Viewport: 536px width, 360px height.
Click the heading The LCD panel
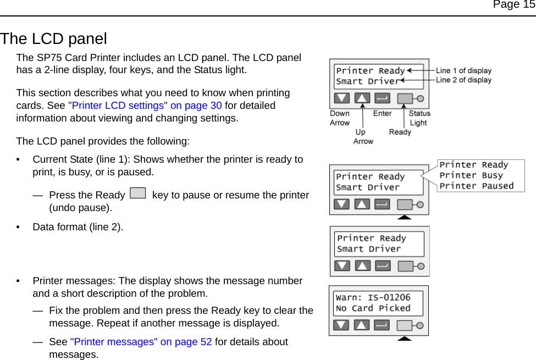[x=53, y=39]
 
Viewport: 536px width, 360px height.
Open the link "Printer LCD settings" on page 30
[x=145, y=106]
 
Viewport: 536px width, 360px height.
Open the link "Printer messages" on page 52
[x=141, y=342]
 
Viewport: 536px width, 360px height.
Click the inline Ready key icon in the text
[x=139, y=193]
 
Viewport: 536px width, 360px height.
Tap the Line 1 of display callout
[x=463, y=70]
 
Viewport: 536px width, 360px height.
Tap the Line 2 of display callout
[x=463, y=80]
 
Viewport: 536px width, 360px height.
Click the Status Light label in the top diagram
[x=419, y=118]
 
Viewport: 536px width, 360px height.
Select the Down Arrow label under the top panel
[x=339, y=118]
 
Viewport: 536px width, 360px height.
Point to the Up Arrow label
[x=363, y=136]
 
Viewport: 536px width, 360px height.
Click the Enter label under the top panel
[x=382, y=114]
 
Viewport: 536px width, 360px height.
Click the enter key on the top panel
[x=382, y=98]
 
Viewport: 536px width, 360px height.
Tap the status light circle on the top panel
[x=421, y=98]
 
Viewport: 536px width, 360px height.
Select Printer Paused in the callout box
[x=476, y=186]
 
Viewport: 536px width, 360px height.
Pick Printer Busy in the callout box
[x=471, y=175]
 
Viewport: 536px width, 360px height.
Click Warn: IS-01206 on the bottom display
[x=373, y=298]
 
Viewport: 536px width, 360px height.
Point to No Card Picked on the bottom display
[x=373, y=308]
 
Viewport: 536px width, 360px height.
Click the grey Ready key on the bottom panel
[x=405, y=325]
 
